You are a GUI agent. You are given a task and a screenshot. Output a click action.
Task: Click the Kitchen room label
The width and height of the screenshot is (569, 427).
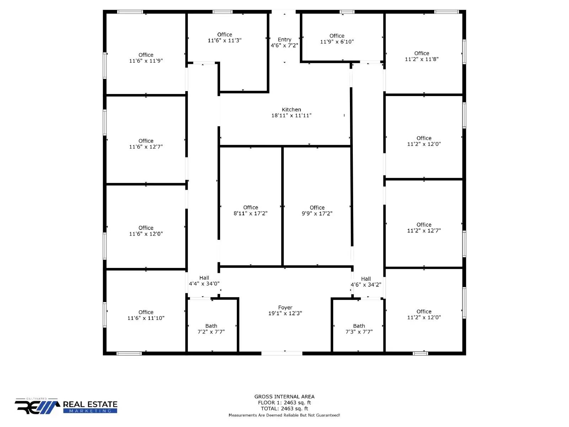tap(291, 110)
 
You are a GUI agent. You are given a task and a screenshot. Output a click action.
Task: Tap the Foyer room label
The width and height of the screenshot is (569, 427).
tap(285, 307)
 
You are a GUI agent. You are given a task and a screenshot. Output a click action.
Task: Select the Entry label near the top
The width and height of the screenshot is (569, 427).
tap(284, 39)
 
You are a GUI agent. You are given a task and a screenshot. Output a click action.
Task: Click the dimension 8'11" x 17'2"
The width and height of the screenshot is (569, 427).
tap(250, 213)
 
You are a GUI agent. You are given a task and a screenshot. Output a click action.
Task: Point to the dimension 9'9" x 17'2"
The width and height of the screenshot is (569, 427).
tap(317, 213)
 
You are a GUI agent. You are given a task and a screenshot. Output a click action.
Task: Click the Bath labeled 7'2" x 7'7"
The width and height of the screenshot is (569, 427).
tap(211, 329)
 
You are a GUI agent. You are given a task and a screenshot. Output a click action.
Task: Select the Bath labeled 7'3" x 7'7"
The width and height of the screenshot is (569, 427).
tap(359, 329)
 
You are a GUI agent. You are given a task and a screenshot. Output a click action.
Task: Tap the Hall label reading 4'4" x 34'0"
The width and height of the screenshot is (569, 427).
tap(204, 281)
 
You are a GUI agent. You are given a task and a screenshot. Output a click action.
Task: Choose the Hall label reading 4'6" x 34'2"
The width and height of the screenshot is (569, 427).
tap(366, 282)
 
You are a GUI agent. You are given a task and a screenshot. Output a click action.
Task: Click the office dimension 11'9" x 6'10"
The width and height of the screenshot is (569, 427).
tap(337, 42)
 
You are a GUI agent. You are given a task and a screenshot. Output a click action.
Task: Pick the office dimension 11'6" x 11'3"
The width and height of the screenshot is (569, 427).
tap(224, 41)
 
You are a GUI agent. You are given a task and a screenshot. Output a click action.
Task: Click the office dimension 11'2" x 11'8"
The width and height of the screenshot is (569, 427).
tap(421, 59)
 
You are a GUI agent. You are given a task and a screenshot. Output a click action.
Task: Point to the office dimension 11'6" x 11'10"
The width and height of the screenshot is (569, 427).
tap(146, 318)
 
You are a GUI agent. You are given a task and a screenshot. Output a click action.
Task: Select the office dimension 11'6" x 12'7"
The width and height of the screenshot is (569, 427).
tap(146, 147)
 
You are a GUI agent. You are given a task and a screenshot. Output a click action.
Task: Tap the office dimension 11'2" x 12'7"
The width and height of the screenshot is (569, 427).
tap(424, 231)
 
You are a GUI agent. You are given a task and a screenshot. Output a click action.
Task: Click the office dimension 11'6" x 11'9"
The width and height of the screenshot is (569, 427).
tap(146, 61)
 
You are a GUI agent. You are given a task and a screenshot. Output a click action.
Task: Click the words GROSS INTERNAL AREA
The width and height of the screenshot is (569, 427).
tap(284, 396)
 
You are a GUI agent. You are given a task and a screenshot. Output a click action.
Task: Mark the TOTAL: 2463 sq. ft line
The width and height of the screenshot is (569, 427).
tap(284, 408)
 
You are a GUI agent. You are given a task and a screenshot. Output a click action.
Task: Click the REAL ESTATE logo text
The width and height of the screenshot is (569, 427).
tap(90, 404)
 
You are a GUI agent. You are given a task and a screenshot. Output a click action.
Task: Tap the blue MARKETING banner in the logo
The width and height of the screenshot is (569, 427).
tap(90, 411)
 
